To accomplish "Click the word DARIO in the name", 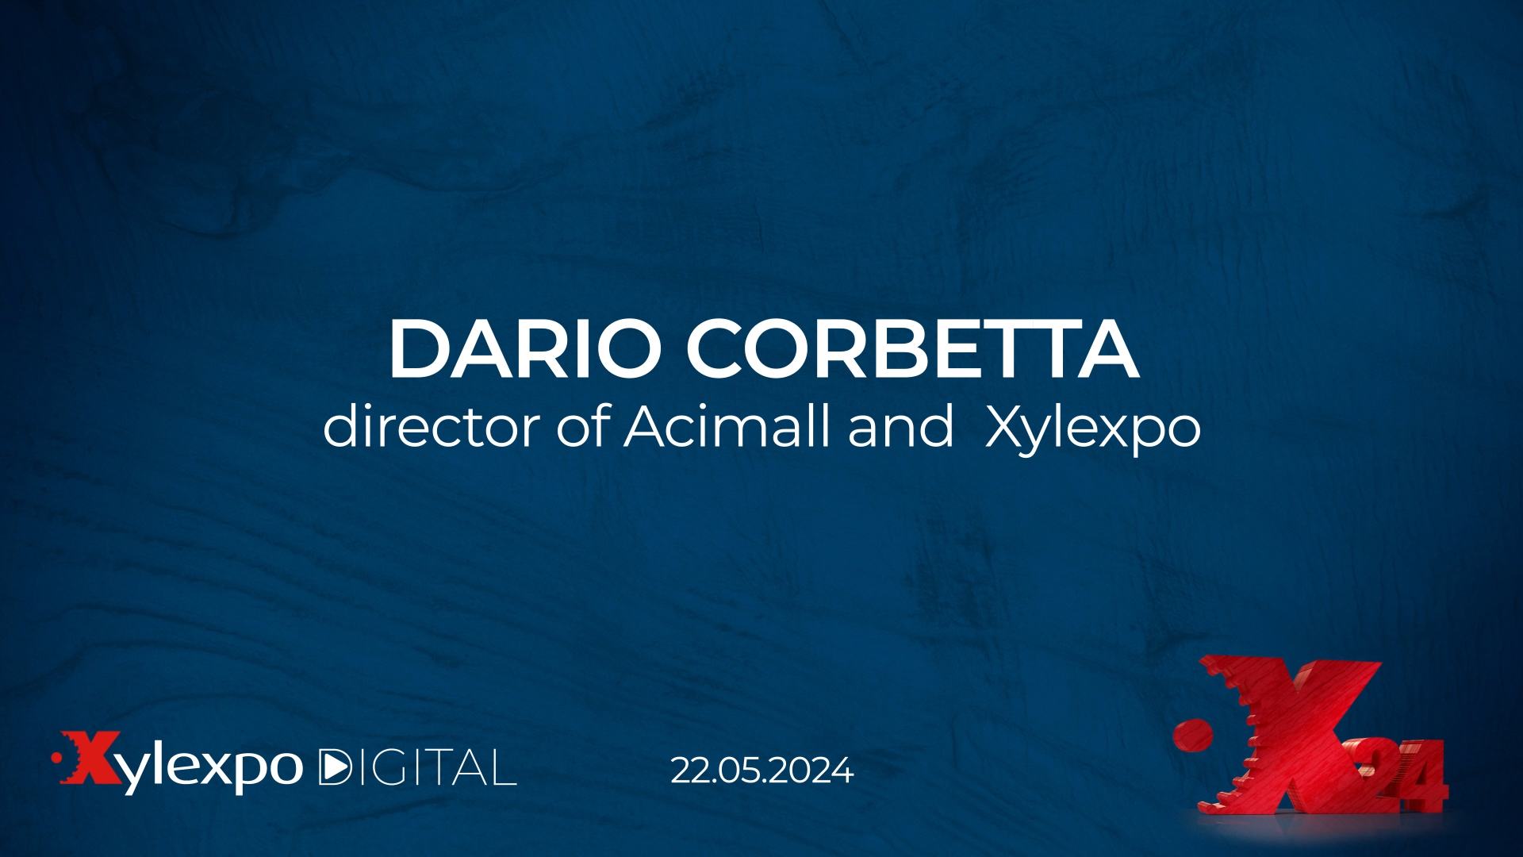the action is coord(524,348).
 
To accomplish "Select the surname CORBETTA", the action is coord(913,348).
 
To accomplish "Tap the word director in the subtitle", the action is coord(432,426).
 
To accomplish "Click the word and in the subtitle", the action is coord(900,426).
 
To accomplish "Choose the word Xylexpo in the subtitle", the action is coord(1092,429).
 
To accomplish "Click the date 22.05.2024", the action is coord(761,771).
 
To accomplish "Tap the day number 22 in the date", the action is coord(689,771).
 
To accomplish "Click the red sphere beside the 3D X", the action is coord(1193,736).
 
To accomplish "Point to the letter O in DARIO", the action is coord(627,348).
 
